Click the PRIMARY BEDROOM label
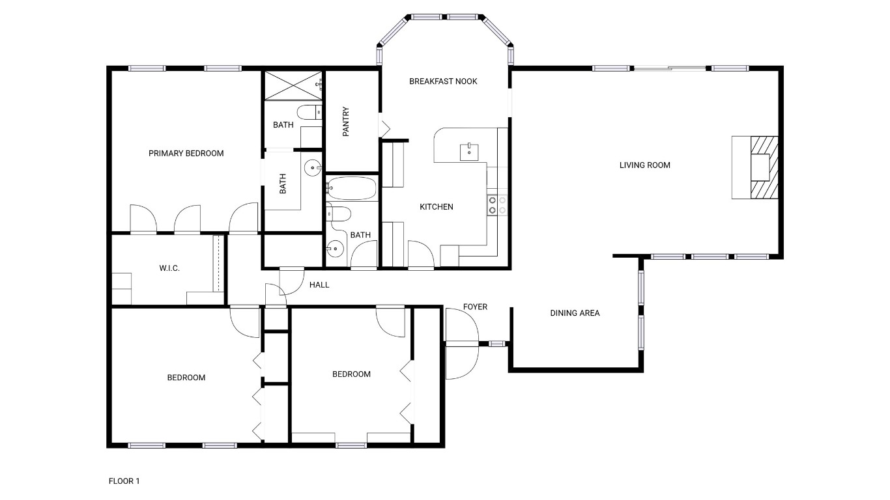[186, 154]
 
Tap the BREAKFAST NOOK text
[443, 81]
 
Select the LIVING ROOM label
[644, 165]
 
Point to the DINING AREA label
[575, 313]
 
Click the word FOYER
[475, 307]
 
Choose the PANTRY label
[346, 122]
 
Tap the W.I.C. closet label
[169, 268]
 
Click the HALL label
[319, 285]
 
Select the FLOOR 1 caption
[124, 481]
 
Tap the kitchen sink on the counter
[469, 151]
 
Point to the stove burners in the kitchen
[497, 205]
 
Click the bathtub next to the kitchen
[351, 189]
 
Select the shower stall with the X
[293, 85]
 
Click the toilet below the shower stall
[309, 112]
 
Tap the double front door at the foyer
[461, 343]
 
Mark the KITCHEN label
[436, 207]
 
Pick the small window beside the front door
[497, 343]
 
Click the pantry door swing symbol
[384, 126]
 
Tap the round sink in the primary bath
[313, 168]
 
